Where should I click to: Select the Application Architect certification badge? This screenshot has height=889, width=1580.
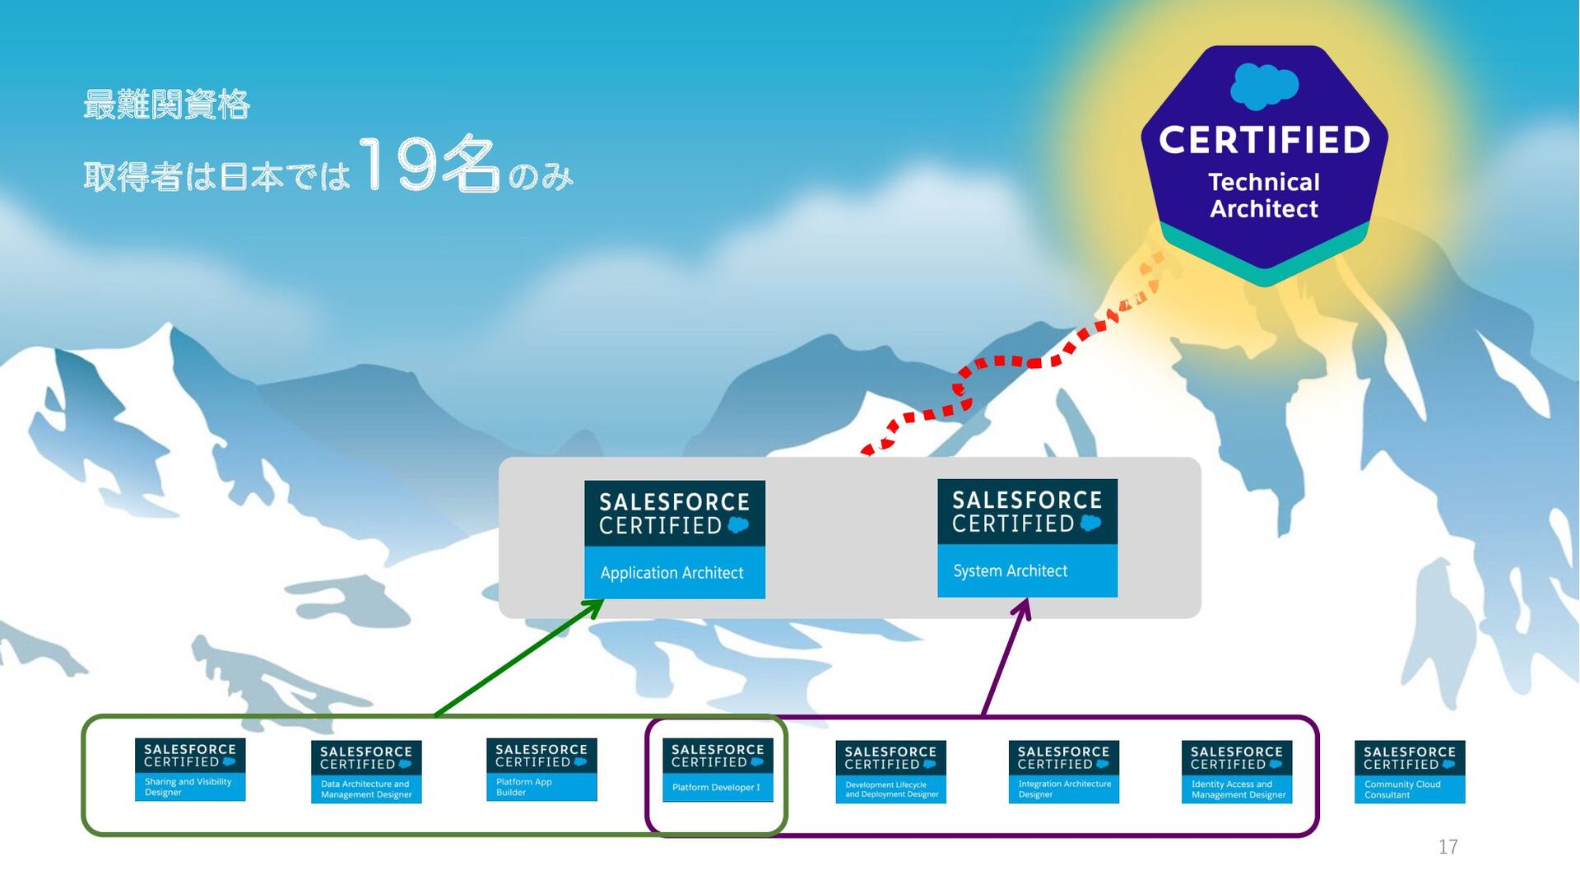pos(674,539)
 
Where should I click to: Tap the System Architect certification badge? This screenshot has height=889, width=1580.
pos(1027,538)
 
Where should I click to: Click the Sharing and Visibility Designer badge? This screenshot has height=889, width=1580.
pos(190,770)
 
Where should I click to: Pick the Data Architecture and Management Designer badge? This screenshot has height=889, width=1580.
pos(366,771)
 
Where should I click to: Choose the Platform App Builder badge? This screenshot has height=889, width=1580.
pos(541,770)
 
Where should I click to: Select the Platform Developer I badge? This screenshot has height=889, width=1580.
pos(718,770)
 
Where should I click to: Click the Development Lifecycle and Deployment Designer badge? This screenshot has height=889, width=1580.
pos(890,771)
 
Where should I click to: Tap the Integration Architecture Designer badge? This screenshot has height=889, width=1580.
pos(1063,771)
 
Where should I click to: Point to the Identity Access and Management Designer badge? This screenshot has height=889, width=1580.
pos(1236,771)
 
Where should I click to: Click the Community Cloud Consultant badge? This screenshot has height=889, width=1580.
pos(1410,771)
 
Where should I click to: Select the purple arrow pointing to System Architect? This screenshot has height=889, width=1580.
pos(1006,659)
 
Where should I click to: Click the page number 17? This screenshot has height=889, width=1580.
pos(1448,846)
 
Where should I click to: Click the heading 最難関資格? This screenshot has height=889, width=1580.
pos(166,105)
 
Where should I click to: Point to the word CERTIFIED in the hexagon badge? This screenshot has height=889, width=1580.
pos(1264,141)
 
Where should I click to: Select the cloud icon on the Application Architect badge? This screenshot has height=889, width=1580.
pos(738,525)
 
